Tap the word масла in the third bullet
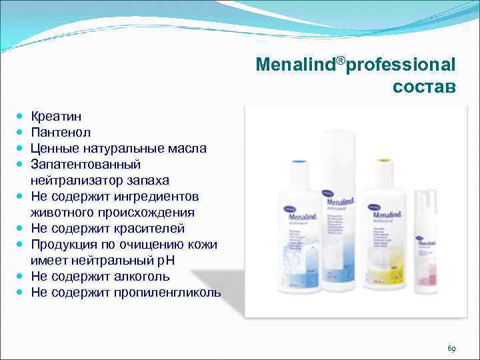tap(186, 148)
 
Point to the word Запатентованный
tap(85, 164)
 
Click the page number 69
tap(451, 349)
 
